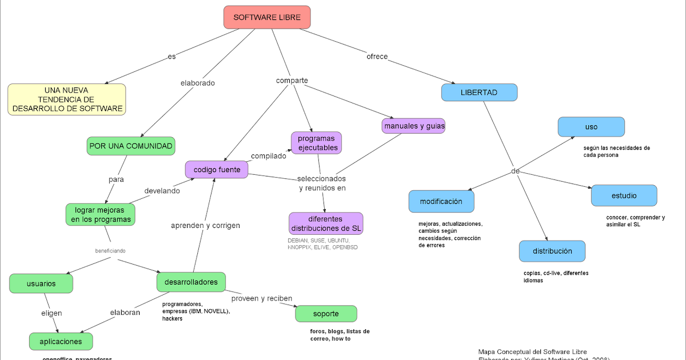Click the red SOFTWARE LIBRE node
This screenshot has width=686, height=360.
click(x=267, y=17)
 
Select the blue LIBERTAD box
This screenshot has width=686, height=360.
click(x=479, y=93)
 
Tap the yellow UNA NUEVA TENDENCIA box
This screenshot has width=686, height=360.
click(x=67, y=99)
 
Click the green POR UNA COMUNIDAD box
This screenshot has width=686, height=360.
click(x=131, y=146)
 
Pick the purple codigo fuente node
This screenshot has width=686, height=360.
click(x=217, y=169)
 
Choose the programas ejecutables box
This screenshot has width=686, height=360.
click(x=316, y=143)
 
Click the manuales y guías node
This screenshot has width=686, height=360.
click(x=413, y=126)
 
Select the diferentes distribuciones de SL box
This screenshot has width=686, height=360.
click(x=326, y=223)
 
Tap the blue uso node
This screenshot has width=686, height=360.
click(x=591, y=127)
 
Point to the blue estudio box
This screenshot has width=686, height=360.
click(x=624, y=195)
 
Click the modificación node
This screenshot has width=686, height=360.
click(x=441, y=201)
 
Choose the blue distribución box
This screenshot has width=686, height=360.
click(x=552, y=251)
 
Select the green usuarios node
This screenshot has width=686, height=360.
click(x=41, y=283)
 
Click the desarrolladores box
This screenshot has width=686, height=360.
click(x=191, y=282)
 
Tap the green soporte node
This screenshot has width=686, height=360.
click(x=326, y=314)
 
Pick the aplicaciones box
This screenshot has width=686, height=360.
click(x=61, y=342)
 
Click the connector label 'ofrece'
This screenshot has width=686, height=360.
click(x=377, y=57)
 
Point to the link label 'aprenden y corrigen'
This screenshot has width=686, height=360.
click(x=205, y=226)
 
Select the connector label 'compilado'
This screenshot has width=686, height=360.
click(x=268, y=156)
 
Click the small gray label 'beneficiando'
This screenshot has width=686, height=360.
click(x=110, y=251)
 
